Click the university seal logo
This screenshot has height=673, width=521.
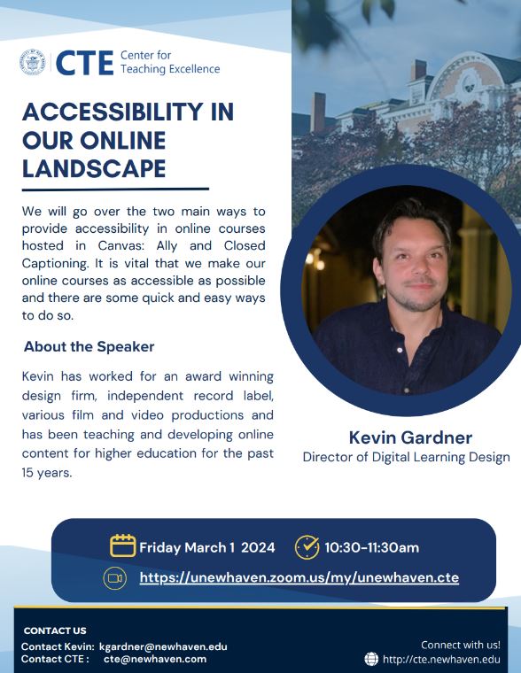point(32,62)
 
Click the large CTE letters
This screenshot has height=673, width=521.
point(84,63)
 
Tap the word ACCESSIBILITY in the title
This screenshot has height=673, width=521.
point(112,112)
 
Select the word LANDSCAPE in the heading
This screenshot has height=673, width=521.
point(94,168)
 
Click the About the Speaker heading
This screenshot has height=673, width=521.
point(89,347)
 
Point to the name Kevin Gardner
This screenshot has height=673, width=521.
point(410,437)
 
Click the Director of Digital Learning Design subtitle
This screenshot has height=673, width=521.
point(407,457)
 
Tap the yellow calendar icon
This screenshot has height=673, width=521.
point(123,546)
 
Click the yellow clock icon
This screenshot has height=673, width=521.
point(307,547)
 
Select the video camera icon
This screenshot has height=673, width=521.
point(114,578)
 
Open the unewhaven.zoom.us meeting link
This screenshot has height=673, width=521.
point(299,577)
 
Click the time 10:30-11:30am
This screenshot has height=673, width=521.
point(372,547)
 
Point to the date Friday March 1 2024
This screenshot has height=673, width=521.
point(207,547)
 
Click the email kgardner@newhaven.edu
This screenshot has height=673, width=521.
point(163,646)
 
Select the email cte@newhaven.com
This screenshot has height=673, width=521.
point(155,659)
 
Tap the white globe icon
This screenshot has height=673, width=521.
point(371,659)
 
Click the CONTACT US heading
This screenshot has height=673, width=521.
point(55,630)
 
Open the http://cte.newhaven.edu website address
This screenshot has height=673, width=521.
point(441,659)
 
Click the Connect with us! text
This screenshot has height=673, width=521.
point(461,645)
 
